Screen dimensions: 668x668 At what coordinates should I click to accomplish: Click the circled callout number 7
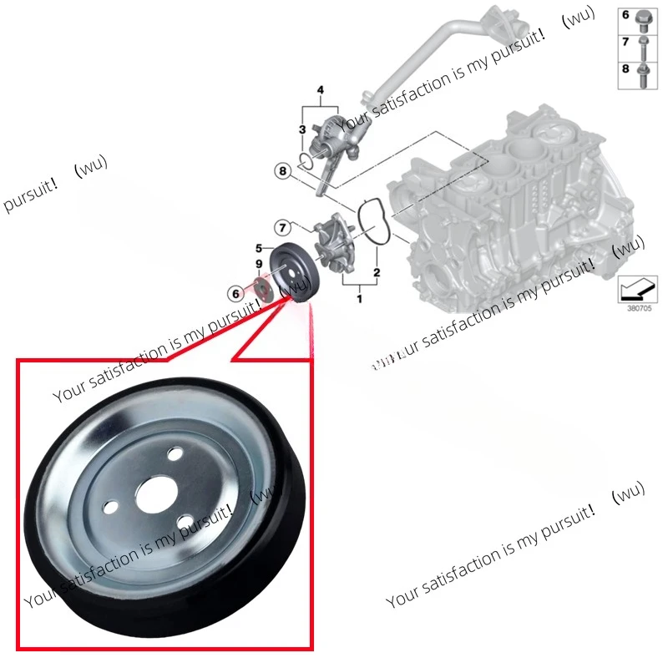tap(283, 227)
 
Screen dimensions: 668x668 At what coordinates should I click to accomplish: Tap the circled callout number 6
tap(236, 293)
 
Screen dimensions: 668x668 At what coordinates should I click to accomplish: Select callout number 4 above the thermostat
tap(318, 90)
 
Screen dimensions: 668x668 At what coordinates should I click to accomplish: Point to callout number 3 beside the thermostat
tap(302, 129)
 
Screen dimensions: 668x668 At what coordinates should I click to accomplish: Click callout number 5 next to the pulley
tap(259, 248)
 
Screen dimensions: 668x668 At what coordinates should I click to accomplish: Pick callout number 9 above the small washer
tap(259, 265)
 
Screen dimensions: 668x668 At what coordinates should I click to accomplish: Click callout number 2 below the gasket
tap(377, 273)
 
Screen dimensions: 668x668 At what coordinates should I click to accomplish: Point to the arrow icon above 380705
tap(637, 288)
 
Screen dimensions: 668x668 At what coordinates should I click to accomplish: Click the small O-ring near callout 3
tap(308, 158)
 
